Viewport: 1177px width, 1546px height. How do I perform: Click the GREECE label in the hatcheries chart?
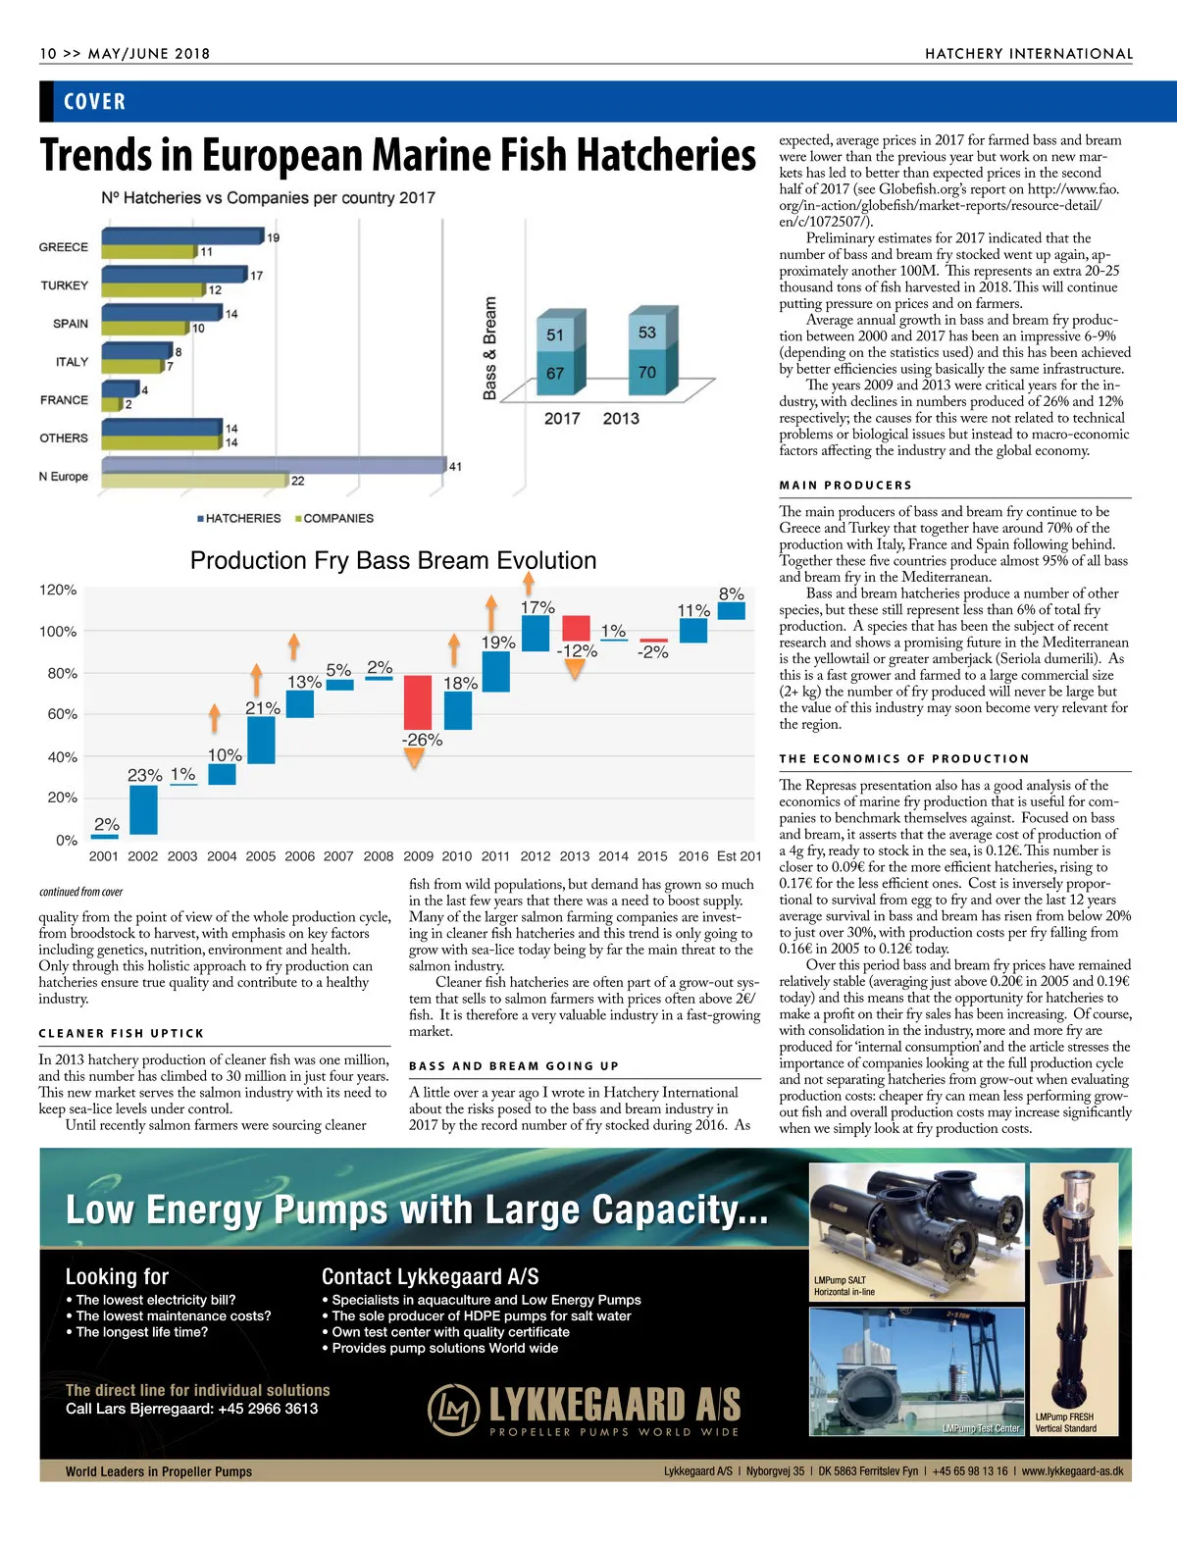[64, 247]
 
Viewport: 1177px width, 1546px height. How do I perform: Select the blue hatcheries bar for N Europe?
[274, 465]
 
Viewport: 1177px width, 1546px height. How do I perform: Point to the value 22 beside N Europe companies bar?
[297, 481]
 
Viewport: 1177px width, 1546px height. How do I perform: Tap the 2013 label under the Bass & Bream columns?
[621, 419]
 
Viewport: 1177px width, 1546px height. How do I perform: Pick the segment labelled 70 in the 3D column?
[646, 372]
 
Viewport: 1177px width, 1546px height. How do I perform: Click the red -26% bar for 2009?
[418, 702]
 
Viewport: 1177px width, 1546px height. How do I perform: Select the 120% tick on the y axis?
[58, 590]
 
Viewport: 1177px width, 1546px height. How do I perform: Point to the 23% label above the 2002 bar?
[144, 775]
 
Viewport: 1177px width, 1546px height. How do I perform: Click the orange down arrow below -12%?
[576, 669]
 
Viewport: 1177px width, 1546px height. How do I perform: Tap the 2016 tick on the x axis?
[692, 855]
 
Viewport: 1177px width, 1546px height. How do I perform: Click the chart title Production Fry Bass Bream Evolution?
[392, 560]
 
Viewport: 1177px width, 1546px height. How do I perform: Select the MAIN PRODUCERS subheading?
[845, 485]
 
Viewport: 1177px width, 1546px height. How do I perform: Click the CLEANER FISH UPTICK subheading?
[122, 1033]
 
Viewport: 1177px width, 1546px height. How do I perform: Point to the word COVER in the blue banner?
[94, 102]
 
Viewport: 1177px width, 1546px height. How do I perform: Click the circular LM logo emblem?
[453, 1409]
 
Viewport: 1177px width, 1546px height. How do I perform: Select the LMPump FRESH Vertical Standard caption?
[1065, 1422]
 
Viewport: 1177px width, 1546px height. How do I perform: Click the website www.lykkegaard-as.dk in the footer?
[1072, 1471]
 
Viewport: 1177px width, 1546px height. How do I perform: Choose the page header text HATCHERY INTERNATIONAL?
[1029, 54]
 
